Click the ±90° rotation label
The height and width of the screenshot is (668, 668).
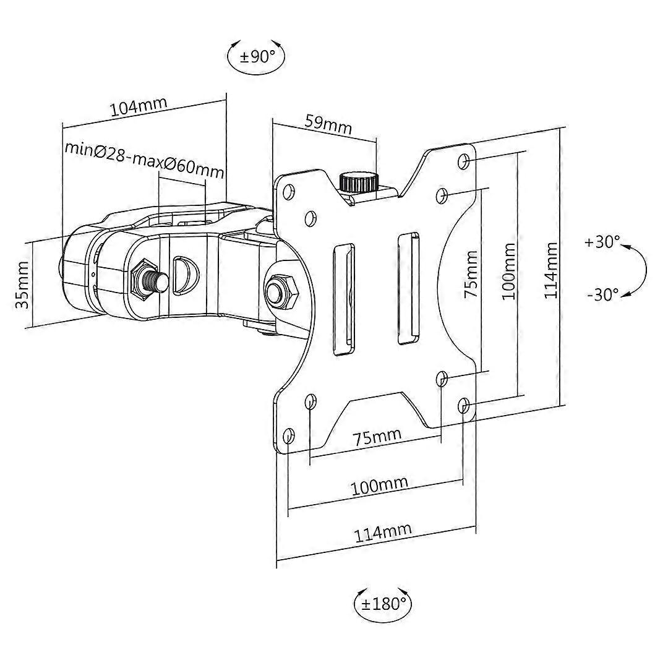click(x=257, y=57)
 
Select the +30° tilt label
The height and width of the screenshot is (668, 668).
click(x=602, y=242)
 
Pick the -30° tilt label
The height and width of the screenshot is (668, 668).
click(x=602, y=294)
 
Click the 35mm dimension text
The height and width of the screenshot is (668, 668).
click(x=22, y=285)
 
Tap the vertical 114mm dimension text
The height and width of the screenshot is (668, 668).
click(x=550, y=270)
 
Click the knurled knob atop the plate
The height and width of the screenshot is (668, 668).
click(x=359, y=181)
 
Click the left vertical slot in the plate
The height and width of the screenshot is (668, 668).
click(x=344, y=301)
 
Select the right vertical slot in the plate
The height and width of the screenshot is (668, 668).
click(x=407, y=288)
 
